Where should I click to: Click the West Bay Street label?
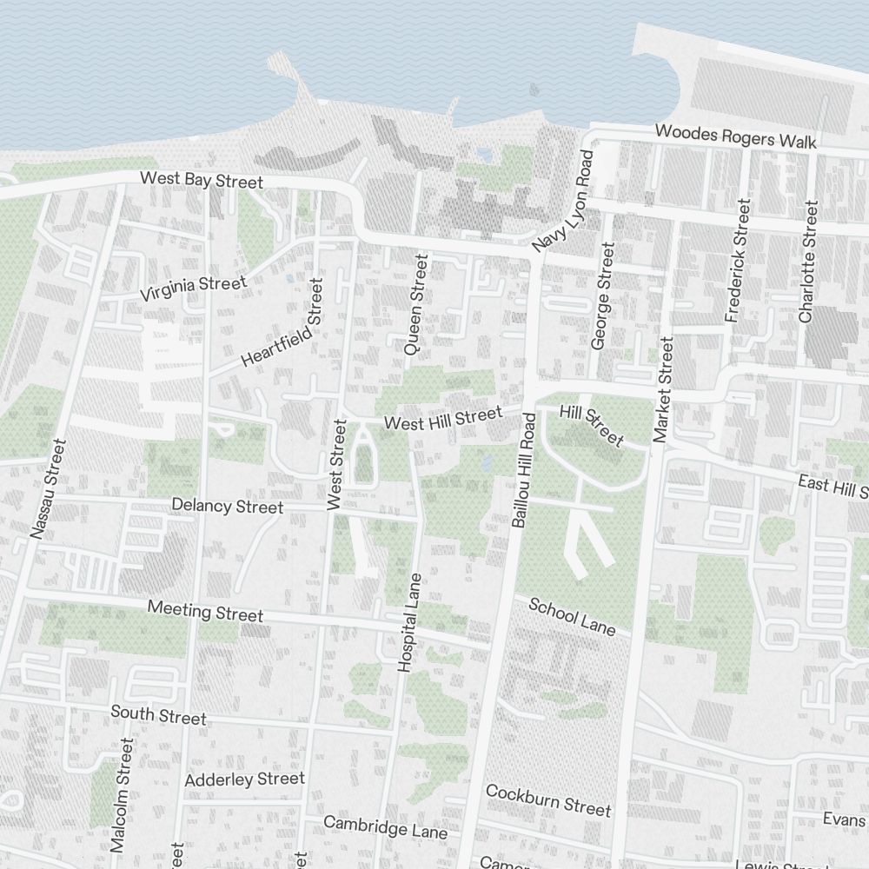[201, 181]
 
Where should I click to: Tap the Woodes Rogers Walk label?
[735, 136]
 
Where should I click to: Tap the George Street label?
[602, 296]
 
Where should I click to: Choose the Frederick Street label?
[737, 261]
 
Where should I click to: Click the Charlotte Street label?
[808, 262]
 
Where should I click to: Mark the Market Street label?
[664, 390]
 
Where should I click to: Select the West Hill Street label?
[443, 420]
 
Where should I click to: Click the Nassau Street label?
[48, 488]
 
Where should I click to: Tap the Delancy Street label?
[227, 506]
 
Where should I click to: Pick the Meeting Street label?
[205, 611]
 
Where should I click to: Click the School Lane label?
[573, 616]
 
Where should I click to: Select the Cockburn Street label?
[548, 800]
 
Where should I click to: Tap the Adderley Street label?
[245, 779]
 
